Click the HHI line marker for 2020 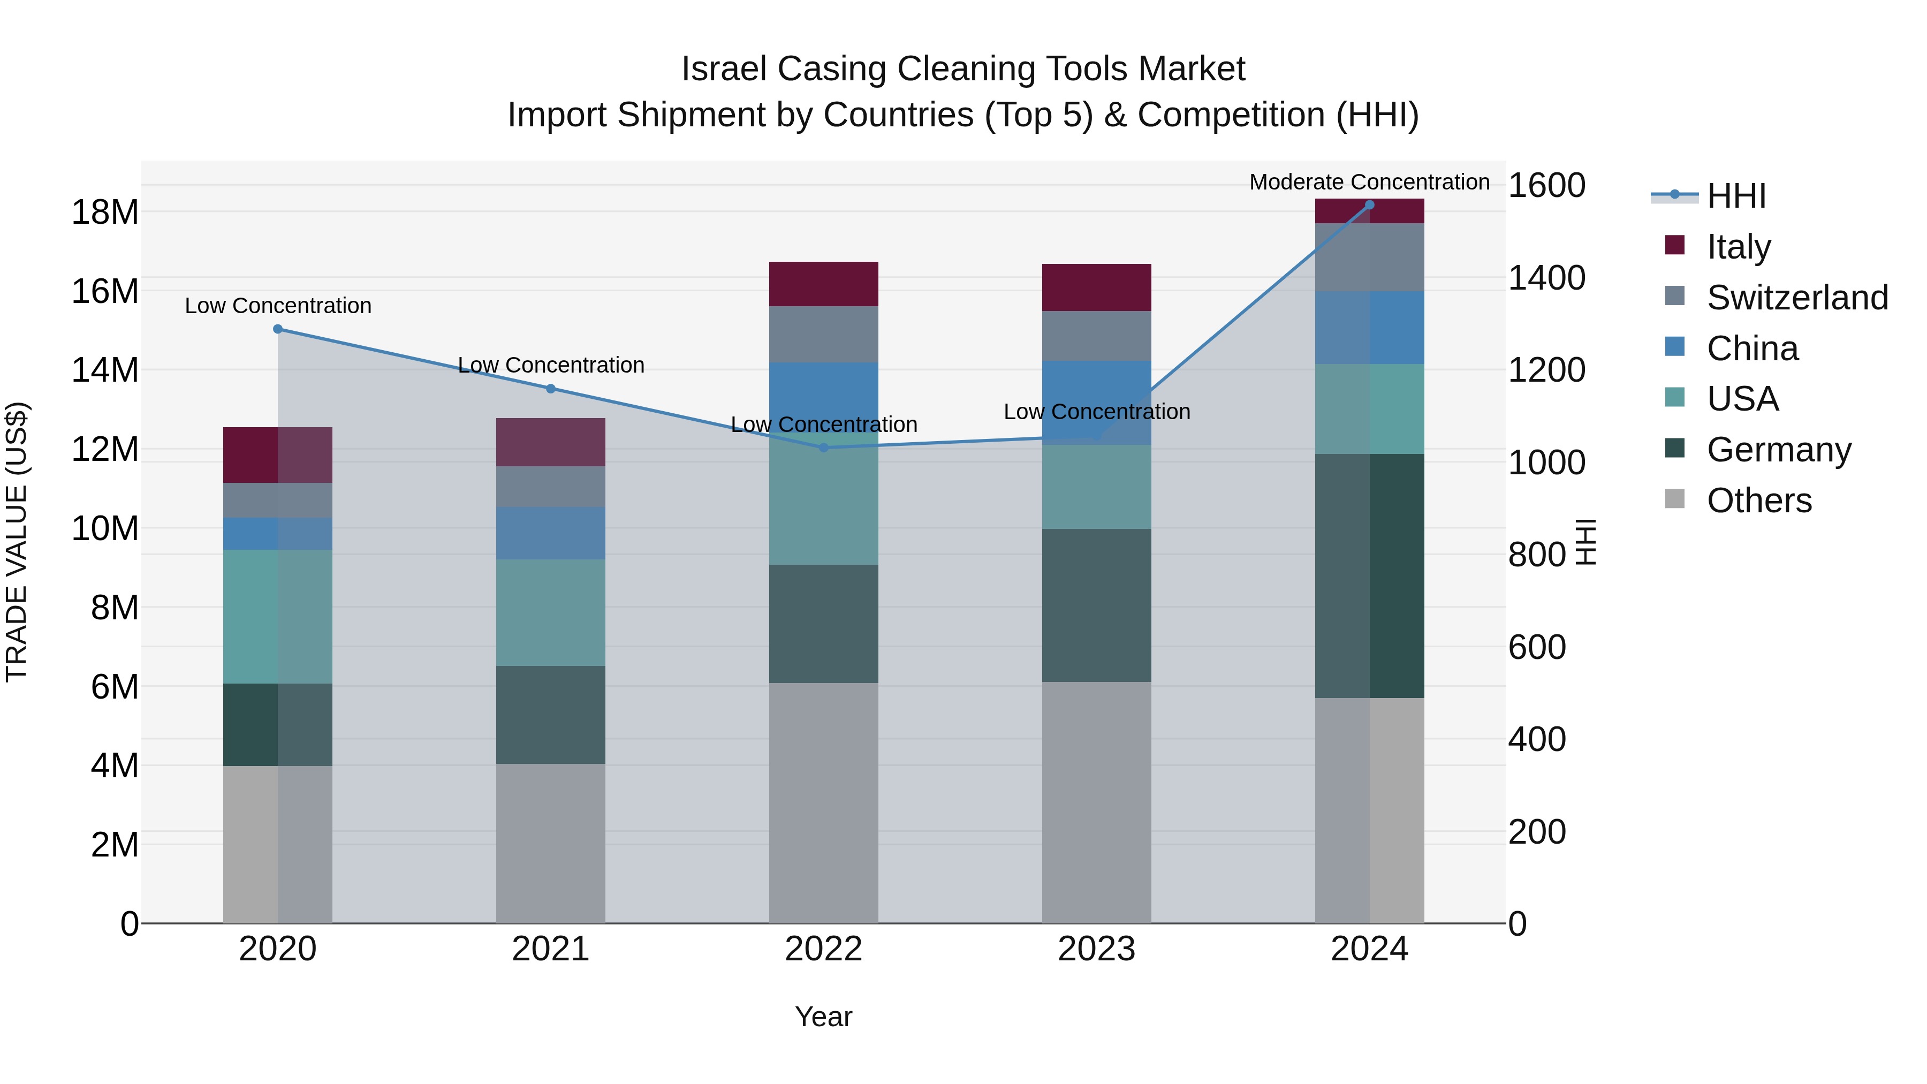click(277, 329)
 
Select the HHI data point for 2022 click(824, 448)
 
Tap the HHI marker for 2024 click(1370, 205)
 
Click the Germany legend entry click(1778, 450)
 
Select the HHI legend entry click(1735, 196)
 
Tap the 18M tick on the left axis click(105, 213)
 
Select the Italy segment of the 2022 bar click(824, 284)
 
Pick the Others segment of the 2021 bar click(551, 843)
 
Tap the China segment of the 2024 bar click(1370, 328)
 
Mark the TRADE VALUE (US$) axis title click(17, 542)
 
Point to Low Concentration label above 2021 click(551, 365)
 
